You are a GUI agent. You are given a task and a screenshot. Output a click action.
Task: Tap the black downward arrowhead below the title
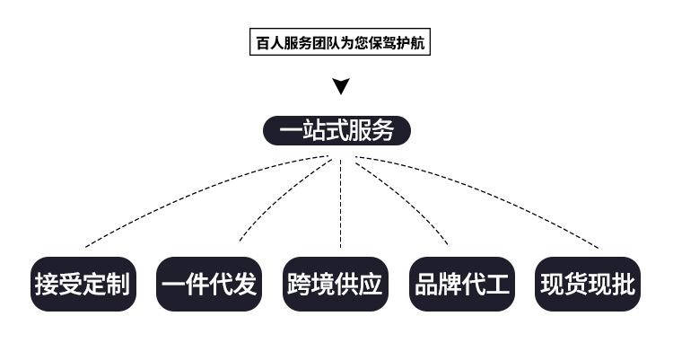tap(340, 87)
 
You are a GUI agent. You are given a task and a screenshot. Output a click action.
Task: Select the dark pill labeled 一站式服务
tap(336, 131)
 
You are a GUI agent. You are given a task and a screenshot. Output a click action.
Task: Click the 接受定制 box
tap(83, 285)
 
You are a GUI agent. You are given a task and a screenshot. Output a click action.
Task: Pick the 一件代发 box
tap(209, 285)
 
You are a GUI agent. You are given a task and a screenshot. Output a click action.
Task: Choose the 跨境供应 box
tap(336, 285)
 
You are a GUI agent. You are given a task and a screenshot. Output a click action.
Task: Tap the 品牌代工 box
tap(462, 285)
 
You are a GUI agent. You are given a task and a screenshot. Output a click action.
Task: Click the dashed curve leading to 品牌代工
tap(408, 198)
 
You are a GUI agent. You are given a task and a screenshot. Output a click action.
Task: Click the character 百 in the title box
tap(262, 43)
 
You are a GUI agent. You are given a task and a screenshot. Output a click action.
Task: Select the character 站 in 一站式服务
tap(313, 131)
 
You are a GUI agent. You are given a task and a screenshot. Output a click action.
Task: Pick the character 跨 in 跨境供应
tap(300, 285)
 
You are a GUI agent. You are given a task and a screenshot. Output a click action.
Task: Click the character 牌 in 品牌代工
tap(450, 285)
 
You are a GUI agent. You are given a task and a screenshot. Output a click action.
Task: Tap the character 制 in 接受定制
tap(119, 285)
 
